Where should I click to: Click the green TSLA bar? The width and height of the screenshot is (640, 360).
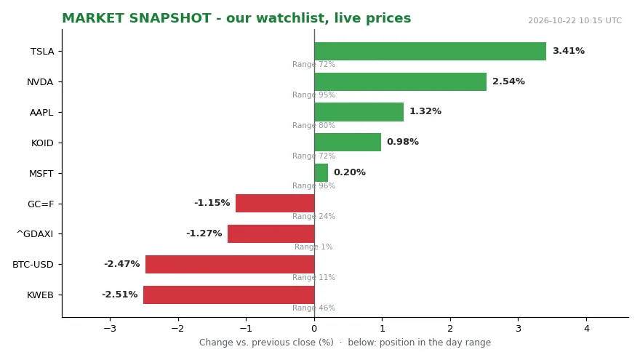431,52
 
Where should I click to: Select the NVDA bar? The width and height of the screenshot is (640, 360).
401,81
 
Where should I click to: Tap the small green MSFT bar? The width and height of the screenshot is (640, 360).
321,172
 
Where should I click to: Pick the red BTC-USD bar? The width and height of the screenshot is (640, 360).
231,264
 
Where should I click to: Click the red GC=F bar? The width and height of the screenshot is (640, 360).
275,203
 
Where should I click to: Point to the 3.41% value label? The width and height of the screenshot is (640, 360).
569,51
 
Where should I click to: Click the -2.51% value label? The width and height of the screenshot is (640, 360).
119,295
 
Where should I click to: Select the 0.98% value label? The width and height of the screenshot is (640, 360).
403,142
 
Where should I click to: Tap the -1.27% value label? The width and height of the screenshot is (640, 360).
204,233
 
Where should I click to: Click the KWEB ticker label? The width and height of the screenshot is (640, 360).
40,295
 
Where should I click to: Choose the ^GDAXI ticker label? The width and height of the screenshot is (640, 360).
35,234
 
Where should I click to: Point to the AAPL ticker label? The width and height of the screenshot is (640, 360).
41,112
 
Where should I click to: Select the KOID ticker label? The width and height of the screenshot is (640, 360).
42,143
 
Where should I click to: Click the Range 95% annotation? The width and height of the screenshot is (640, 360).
313,95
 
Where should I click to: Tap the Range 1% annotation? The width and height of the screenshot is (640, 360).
313,247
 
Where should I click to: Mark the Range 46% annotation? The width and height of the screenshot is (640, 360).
313,308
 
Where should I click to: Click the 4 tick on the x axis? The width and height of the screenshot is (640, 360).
586,329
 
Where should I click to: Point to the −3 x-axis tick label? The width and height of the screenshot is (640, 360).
110,329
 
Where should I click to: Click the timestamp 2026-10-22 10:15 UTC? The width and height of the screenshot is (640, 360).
575,21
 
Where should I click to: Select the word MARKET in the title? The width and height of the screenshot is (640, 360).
93,18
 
